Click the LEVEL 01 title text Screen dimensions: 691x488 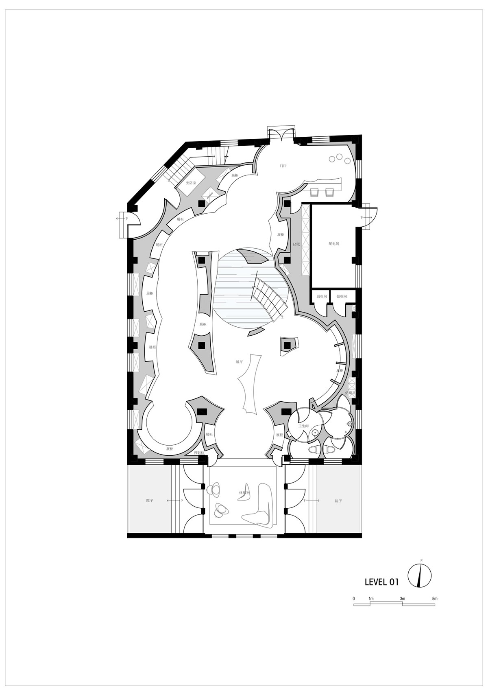point(381,582)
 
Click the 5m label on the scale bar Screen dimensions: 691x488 point(434,599)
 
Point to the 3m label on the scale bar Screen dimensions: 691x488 point(402,599)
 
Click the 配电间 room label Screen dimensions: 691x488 point(334,244)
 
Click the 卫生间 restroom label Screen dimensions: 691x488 point(304,426)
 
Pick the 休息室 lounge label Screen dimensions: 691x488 point(244,493)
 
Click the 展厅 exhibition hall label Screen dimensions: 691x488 point(239,361)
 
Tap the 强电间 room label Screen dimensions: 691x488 point(342,297)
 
